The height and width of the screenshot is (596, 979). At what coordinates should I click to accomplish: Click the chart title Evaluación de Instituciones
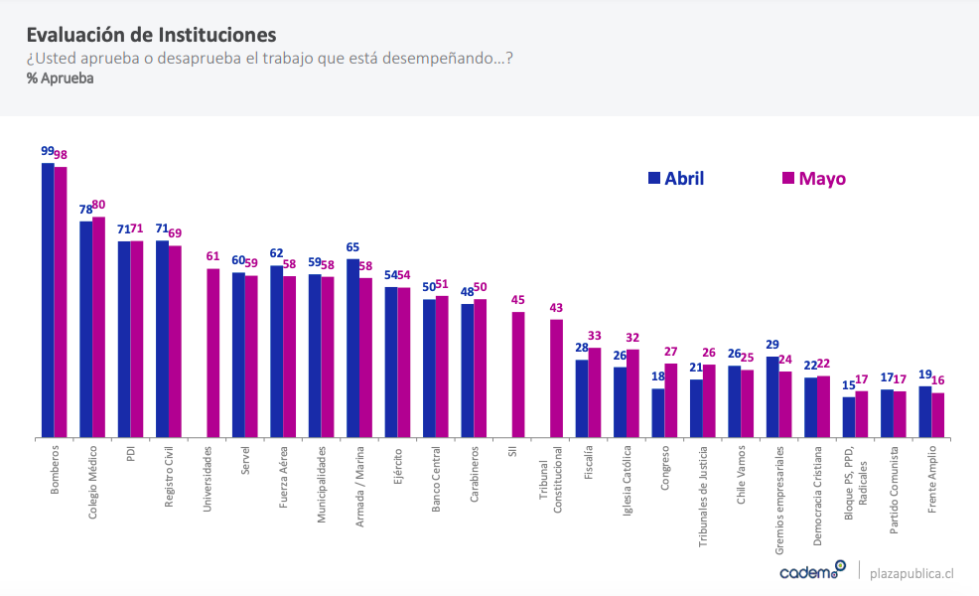click(152, 37)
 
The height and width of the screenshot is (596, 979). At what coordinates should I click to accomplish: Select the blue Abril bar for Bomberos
click(48, 298)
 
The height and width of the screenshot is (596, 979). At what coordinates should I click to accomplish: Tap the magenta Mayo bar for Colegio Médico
click(98, 328)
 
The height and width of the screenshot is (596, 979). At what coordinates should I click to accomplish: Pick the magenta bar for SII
click(518, 374)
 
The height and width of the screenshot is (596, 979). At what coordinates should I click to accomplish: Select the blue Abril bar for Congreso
click(658, 412)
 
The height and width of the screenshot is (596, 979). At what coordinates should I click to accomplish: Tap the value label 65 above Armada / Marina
click(352, 247)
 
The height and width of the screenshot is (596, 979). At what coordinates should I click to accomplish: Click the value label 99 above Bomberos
click(48, 151)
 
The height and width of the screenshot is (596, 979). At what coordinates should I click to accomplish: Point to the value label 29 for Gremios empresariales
click(772, 345)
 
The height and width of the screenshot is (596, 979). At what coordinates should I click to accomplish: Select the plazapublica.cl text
click(911, 572)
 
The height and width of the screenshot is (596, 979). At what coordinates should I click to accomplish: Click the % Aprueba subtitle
click(61, 77)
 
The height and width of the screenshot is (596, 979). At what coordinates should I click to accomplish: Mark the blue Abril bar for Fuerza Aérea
click(276, 352)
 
